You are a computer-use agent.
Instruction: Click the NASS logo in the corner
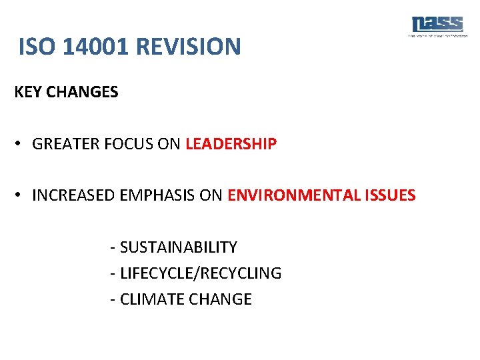coord(437,25)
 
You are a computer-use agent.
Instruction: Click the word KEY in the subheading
coord(27,93)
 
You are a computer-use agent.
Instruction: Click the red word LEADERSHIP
coord(231,144)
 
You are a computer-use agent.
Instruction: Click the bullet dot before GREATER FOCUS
coord(21,144)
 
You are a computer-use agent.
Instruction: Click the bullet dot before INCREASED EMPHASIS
coord(21,195)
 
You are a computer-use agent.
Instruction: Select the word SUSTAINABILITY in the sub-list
coord(178,247)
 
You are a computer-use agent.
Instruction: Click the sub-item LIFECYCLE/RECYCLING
coord(200,273)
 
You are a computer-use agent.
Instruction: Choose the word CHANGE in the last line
coord(221,299)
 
